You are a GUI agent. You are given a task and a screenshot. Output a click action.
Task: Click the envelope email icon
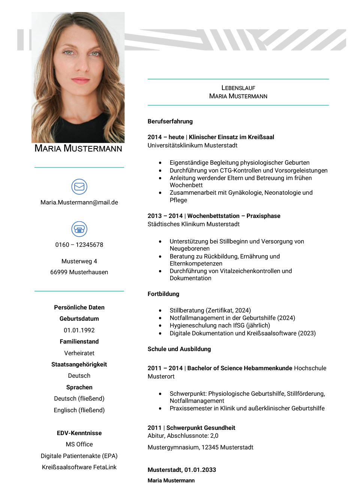click(79, 186)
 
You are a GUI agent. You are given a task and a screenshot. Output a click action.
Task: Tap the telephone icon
click(79, 229)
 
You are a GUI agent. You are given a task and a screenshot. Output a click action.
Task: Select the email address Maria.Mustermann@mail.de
click(79, 203)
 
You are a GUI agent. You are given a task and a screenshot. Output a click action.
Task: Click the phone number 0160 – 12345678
click(79, 245)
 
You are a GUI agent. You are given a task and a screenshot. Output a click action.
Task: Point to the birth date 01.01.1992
click(79, 330)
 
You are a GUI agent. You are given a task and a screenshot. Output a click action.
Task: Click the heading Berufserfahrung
click(170, 122)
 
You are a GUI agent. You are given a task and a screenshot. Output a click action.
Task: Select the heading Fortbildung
click(163, 294)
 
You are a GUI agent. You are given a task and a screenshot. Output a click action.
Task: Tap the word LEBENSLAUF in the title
click(238, 88)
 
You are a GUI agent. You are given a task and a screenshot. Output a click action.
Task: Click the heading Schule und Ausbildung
click(179, 349)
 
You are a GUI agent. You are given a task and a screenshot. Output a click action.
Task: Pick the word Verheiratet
click(79, 353)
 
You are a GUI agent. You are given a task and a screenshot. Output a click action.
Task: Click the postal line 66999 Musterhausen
click(79, 272)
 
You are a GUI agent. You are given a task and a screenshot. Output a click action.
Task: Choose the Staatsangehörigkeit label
click(79, 365)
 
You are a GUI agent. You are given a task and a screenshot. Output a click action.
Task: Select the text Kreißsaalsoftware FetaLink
click(79, 467)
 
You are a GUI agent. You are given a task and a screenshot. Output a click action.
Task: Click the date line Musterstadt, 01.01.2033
click(181, 470)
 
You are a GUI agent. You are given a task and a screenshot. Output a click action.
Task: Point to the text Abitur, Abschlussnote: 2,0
click(183, 436)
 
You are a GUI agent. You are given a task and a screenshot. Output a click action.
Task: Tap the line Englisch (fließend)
click(79, 410)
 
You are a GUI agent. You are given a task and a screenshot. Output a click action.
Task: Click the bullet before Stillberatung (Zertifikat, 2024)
click(160, 311)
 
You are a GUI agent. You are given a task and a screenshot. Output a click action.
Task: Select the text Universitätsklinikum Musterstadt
click(192, 146)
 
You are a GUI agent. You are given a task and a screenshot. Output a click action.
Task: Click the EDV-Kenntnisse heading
click(79, 433)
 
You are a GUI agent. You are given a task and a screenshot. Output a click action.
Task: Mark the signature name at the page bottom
click(171, 481)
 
